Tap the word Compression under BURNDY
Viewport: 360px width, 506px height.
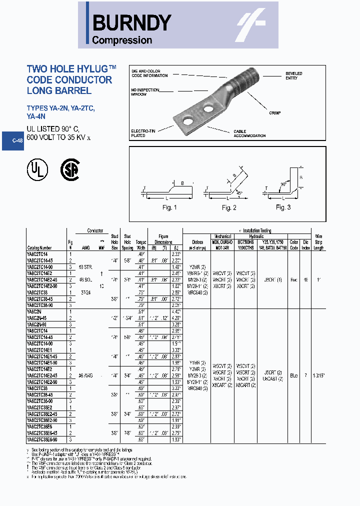[122, 40]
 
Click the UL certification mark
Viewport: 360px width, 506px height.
[37, 170]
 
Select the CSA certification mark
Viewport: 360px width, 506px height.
[70, 169]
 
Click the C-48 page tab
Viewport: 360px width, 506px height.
[17, 141]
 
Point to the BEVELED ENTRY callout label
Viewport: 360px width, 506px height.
[293, 76]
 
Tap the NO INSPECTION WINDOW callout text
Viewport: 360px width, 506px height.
[144, 92]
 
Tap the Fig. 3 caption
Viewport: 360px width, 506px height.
[283, 207]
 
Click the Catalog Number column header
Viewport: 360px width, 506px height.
[38, 248]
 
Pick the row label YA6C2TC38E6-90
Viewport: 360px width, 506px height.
[42, 439]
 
